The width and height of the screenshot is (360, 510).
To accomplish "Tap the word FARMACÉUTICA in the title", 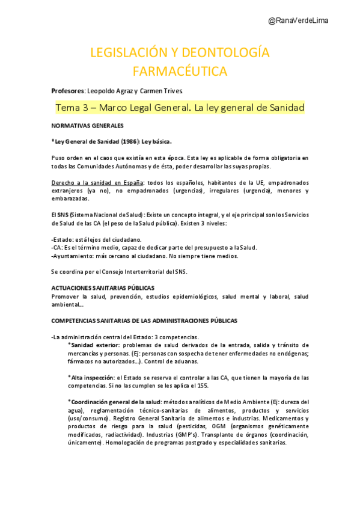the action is click(180, 72).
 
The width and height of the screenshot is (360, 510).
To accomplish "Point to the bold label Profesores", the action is click(68, 91).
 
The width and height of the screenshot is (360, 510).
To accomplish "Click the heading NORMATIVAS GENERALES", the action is click(88, 126).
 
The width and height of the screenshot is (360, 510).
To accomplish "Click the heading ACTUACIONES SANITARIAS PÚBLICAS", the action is click(103, 288).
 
